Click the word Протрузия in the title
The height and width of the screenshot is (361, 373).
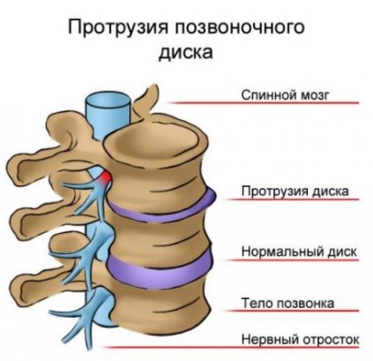pos(118,28)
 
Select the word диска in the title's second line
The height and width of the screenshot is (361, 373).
pos(185,53)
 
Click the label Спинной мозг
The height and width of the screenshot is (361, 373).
pos(284,95)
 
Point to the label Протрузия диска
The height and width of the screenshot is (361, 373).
pos(295,192)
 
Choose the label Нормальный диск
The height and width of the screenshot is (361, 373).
pos(299,252)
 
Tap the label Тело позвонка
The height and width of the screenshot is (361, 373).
pos(287,303)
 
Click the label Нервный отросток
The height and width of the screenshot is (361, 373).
pos(300,339)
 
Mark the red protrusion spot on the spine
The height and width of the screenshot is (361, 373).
pos(105,177)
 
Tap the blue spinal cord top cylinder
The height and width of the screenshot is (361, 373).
pos(108,113)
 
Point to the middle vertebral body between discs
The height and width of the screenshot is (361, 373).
pos(160,241)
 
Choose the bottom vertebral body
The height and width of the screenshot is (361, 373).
pos(161,309)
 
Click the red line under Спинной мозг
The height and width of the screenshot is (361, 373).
pos(263,103)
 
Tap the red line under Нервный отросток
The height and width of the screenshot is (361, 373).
pos(232,348)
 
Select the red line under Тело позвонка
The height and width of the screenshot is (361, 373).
pos(293,311)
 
